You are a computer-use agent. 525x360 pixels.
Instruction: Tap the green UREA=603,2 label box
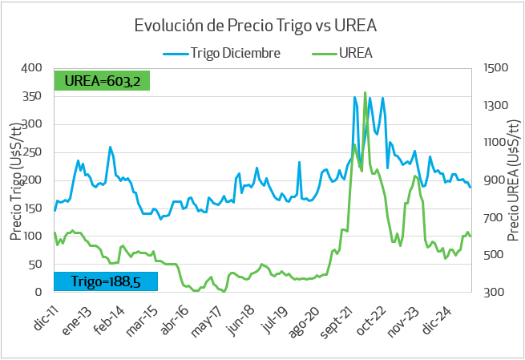(102, 81)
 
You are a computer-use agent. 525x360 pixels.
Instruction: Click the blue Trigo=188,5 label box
(106, 281)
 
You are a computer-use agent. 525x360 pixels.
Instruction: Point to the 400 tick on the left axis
(32, 68)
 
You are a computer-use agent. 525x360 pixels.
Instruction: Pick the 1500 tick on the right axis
(498, 68)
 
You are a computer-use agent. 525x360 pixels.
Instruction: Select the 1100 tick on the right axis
(498, 143)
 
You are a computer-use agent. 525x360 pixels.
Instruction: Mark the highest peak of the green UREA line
(365, 92)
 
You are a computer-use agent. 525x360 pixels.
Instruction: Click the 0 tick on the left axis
(39, 292)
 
